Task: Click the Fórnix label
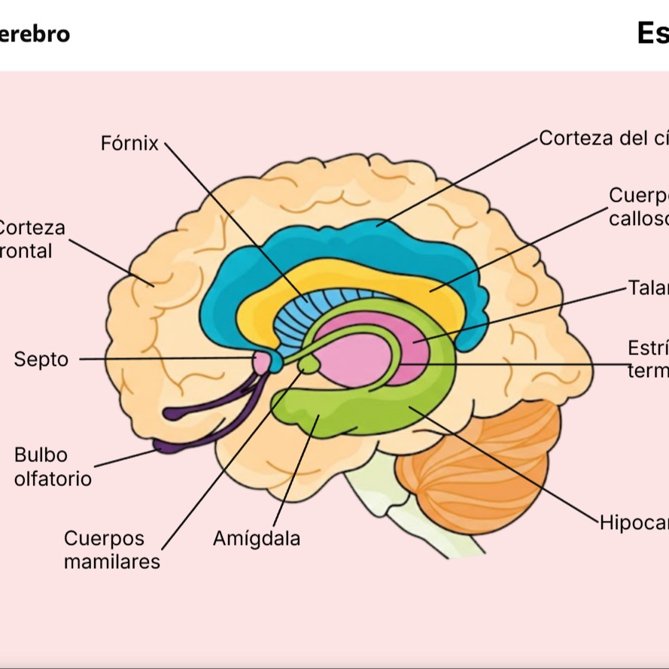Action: tap(129, 143)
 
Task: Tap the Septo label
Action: tap(41, 360)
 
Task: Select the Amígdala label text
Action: tap(257, 539)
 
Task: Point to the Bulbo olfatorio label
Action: tap(53, 467)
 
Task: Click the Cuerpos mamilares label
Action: tap(111, 550)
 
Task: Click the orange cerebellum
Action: tap(482, 467)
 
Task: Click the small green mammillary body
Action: tap(309, 365)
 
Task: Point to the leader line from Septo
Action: tap(166, 359)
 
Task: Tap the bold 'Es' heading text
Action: tap(652, 33)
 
